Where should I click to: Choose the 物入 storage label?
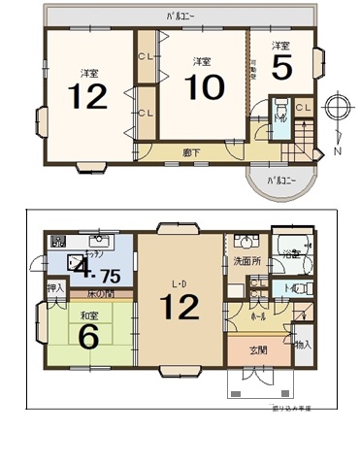pyautogui.click(x=303, y=345)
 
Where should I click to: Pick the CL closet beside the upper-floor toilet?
pyautogui.click(x=302, y=108)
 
